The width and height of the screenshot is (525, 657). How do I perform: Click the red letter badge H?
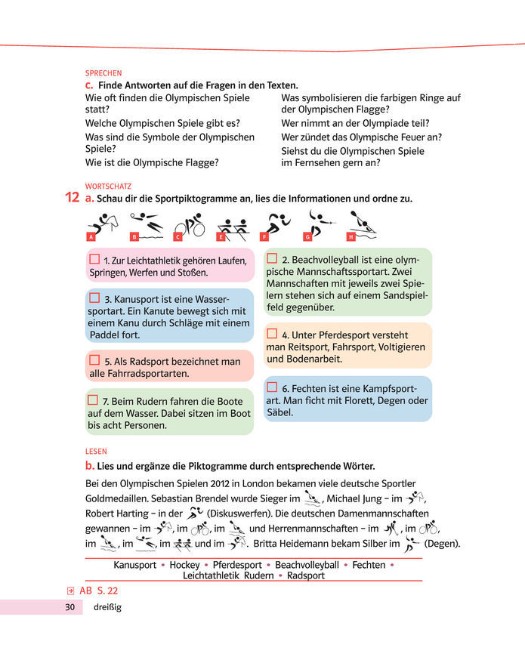(351, 236)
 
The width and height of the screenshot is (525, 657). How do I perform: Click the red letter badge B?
(134, 237)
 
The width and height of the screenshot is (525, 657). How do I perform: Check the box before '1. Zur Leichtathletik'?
(94, 258)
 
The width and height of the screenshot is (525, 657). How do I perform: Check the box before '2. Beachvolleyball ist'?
(272, 258)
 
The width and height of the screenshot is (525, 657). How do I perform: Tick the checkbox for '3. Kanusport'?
(94, 298)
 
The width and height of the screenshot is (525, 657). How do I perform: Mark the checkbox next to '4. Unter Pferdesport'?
(272, 333)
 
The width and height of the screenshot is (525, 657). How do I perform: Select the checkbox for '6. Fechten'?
(272, 387)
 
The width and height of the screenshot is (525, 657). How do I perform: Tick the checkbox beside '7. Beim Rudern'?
(93, 399)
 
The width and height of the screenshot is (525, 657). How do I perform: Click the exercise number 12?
(73, 198)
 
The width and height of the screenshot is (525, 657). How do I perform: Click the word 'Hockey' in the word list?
(184, 565)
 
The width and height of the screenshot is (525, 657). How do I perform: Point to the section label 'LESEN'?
(96, 452)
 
